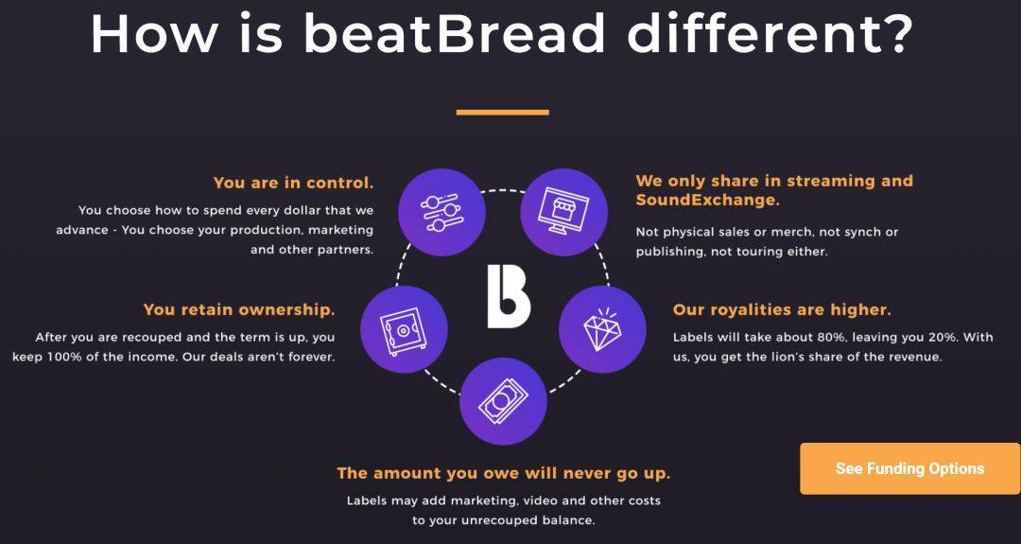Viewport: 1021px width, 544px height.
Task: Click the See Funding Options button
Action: tap(909, 468)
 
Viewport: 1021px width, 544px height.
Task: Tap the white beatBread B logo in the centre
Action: tap(509, 296)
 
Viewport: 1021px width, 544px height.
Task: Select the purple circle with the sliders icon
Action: tap(441, 212)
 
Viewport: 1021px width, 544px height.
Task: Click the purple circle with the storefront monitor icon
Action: tap(563, 212)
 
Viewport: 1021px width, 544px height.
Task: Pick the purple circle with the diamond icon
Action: tap(602, 329)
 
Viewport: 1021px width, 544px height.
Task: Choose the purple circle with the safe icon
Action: tap(404, 329)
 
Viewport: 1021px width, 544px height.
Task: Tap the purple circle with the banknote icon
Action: tap(503, 401)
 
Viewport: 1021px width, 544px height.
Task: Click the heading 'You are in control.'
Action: tap(294, 184)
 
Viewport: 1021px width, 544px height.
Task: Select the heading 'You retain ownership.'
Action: tap(239, 309)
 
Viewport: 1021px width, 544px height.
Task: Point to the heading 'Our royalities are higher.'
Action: tap(782, 309)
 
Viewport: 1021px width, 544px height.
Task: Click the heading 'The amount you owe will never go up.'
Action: tap(503, 473)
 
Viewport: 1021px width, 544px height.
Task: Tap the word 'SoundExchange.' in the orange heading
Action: tap(708, 200)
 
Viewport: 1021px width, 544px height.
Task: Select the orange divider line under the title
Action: tap(503, 112)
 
